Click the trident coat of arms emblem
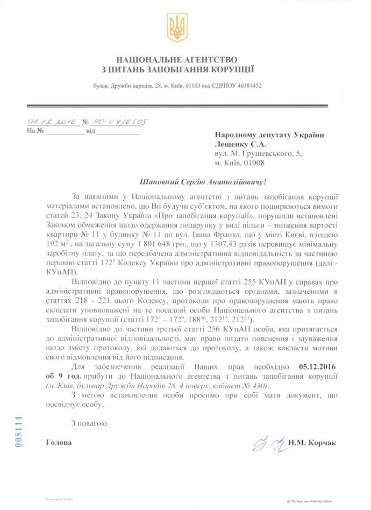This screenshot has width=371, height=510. point(177,29)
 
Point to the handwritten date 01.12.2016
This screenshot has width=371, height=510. point(51,122)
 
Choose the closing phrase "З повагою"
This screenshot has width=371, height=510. point(89,423)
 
